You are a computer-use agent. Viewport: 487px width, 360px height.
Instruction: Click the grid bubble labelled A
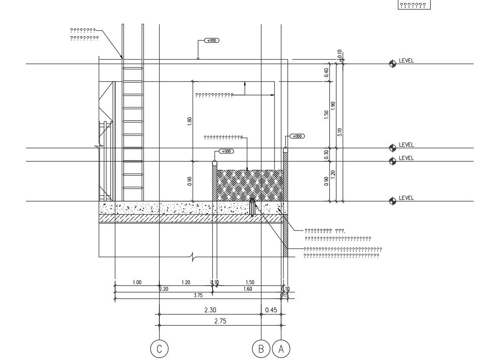coord(281,349)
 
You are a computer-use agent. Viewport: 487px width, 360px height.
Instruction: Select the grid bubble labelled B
coord(261,349)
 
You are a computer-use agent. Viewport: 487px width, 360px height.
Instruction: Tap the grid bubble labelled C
coord(159,349)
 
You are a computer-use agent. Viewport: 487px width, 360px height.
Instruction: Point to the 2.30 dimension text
coord(210,310)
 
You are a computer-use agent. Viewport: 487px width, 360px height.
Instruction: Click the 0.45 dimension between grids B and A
coord(271,310)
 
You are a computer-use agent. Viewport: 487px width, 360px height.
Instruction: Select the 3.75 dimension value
coord(198,295)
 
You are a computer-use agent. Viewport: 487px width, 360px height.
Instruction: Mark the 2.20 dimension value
coord(164,289)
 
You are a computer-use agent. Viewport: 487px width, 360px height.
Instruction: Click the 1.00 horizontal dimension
coord(137,282)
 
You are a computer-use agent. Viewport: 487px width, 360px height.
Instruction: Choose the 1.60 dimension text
coord(248,289)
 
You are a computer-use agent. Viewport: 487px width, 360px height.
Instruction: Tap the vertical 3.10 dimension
coord(340,132)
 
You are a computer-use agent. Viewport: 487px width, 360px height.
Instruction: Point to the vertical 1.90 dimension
coord(333,106)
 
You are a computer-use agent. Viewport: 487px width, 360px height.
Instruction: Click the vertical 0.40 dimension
coord(326,72)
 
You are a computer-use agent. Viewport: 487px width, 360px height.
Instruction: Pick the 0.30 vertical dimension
coord(326,154)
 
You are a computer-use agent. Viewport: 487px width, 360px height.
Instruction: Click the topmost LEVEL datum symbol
coord(393,64)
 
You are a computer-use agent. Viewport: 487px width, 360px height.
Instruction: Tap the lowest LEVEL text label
coord(406,198)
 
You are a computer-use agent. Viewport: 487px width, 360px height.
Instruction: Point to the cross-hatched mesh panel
coord(249,185)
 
